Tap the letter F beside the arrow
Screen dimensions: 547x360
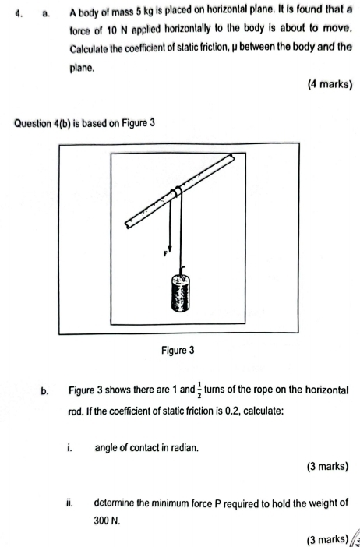click(164, 254)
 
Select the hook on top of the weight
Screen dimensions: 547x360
click(182, 272)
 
